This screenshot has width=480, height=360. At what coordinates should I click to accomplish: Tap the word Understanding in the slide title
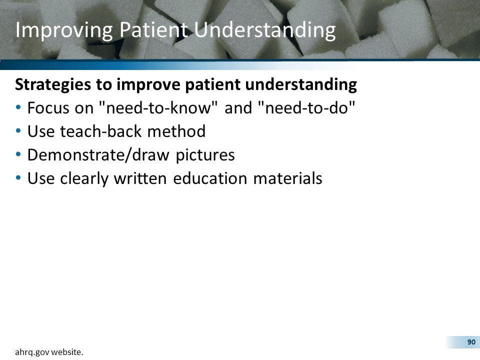pyautogui.click(x=264, y=30)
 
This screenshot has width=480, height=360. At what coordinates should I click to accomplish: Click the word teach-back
pyautogui.click(x=105, y=131)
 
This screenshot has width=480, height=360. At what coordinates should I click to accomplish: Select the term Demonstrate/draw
pyautogui.click(x=98, y=155)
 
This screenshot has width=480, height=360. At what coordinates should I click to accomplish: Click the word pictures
pyautogui.click(x=205, y=155)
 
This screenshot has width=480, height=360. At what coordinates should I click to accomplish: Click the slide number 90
pyautogui.click(x=470, y=342)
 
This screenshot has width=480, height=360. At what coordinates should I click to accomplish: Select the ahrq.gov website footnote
pyautogui.click(x=49, y=352)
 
